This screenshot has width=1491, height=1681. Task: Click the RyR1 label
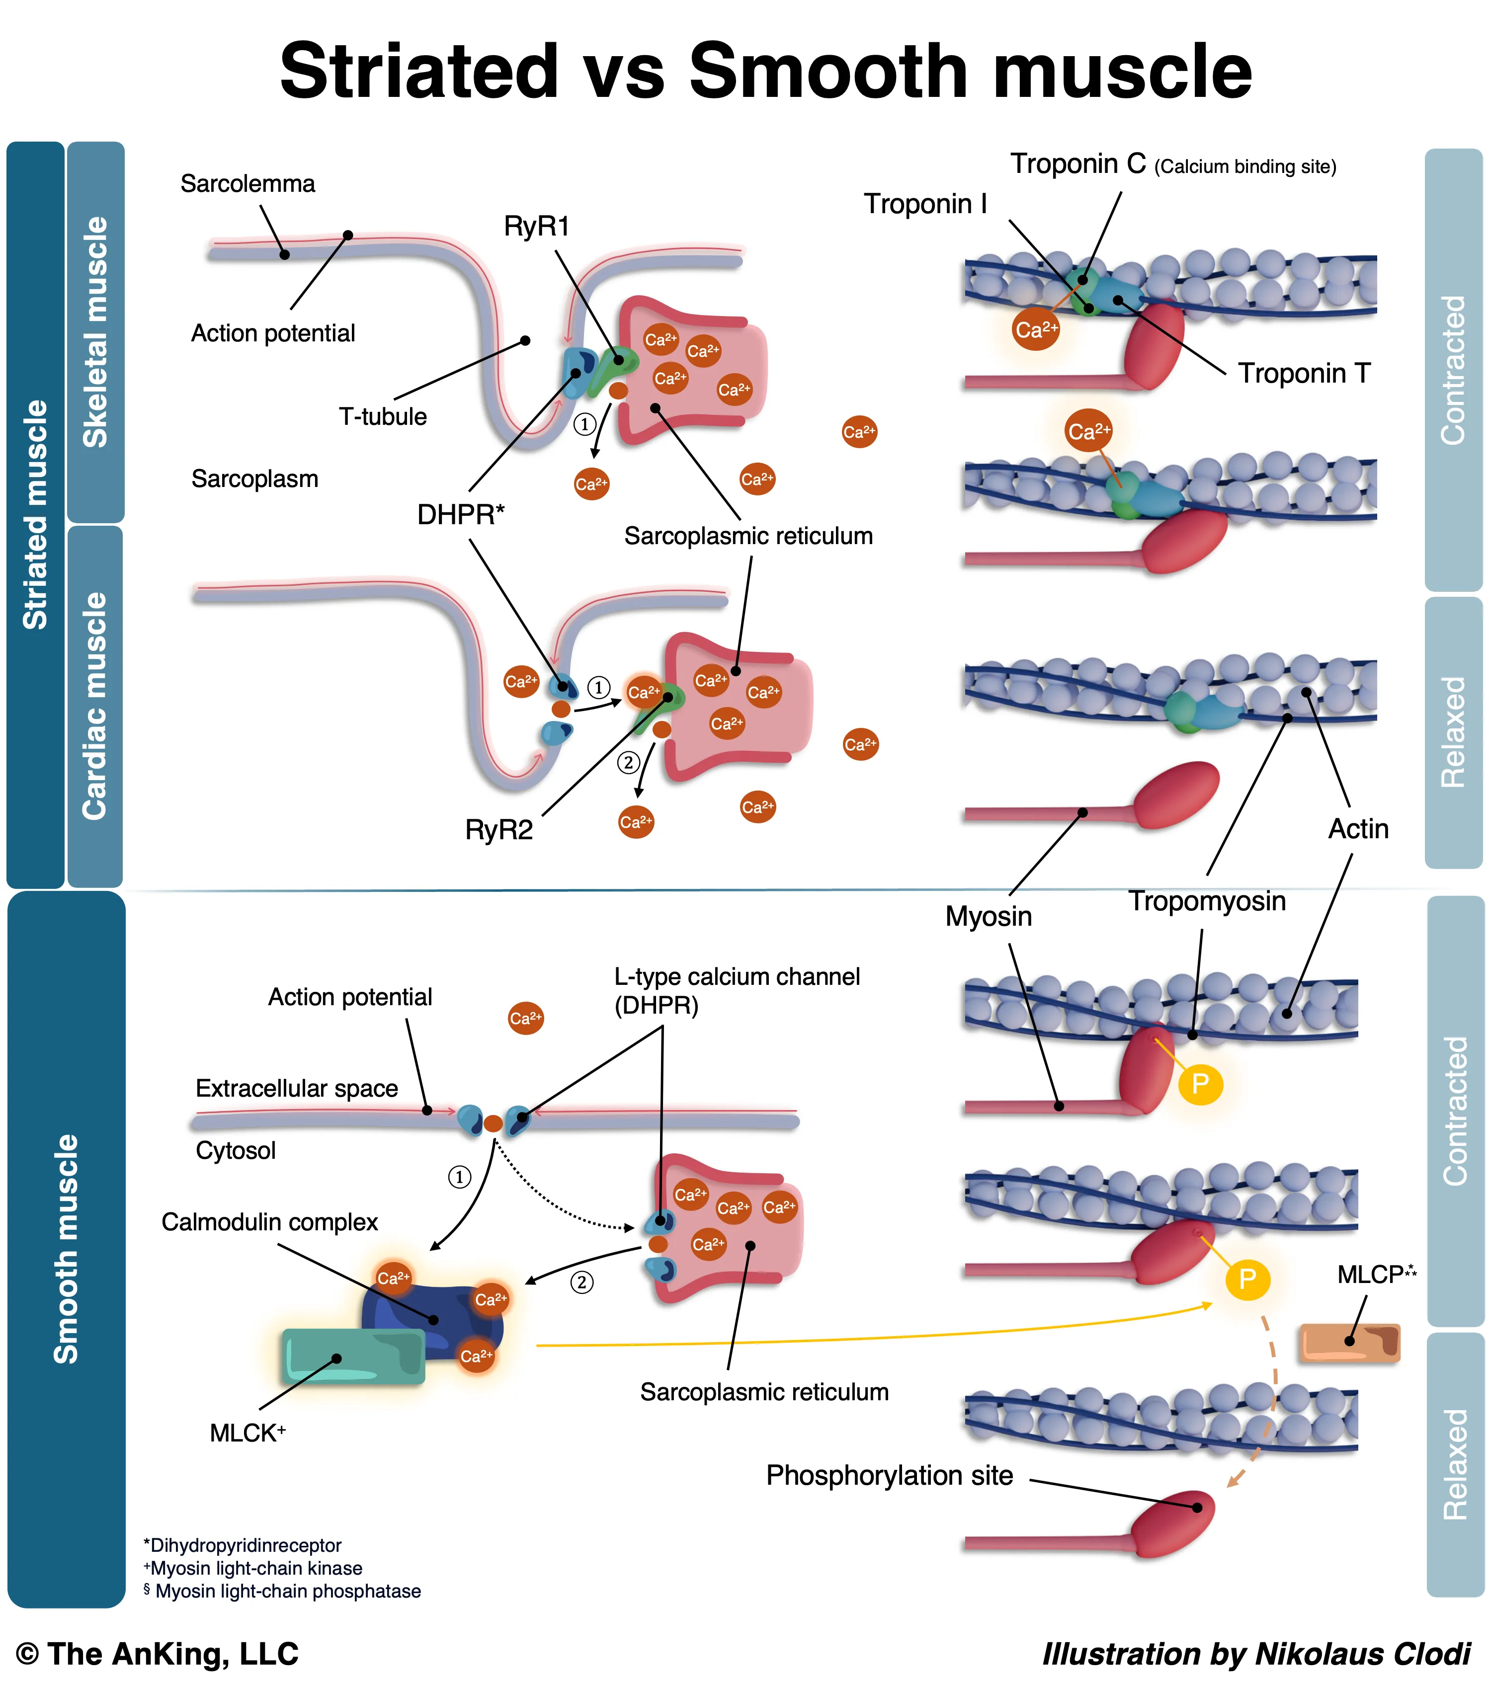click(x=536, y=226)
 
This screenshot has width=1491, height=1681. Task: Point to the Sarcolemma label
click(x=248, y=183)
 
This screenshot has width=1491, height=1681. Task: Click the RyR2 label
click(x=498, y=830)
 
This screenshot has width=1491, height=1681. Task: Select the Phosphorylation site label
click(x=889, y=1475)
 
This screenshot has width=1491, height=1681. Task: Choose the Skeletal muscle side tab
click(x=95, y=332)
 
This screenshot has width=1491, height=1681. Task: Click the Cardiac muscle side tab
click(x=95, y=706)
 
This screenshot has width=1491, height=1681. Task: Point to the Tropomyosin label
click(x=1206, y=901)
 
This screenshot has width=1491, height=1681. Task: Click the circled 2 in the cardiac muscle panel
click(x=628, y=762)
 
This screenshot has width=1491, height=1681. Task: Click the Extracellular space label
click(x=296, y=1089)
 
